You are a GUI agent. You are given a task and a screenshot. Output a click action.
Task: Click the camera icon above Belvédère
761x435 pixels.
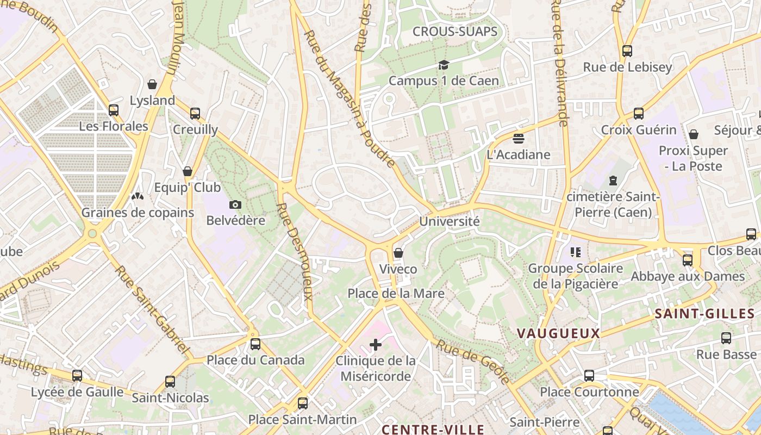point(235,204)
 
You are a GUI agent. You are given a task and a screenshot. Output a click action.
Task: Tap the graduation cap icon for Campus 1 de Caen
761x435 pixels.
point(444,65)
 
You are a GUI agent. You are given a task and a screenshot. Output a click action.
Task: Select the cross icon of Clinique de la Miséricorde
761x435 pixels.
point(375,345)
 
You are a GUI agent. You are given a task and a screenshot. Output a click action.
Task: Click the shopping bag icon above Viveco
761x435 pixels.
point(398,253)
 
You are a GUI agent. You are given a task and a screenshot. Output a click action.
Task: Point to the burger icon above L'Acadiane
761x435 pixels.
point(518,139)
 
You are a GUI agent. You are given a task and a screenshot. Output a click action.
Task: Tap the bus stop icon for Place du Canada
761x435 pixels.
point(255,344)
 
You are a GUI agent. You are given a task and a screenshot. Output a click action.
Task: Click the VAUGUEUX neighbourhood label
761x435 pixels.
point(558,333)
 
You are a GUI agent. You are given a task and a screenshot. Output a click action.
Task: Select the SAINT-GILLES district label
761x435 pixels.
point(704,314)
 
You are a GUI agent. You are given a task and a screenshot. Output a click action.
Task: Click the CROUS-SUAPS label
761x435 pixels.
point(455,32)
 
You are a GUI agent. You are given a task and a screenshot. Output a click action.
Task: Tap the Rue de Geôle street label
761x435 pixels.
point(473,362)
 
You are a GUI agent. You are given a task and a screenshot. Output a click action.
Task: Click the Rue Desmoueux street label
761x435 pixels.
point(295,251)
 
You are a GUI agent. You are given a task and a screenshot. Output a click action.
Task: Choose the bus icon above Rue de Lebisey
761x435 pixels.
point(627,51)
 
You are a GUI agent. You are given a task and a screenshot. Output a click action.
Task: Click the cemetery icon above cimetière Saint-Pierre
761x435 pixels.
point(613,180)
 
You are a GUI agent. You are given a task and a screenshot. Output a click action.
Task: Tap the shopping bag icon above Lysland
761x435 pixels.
point(152,84)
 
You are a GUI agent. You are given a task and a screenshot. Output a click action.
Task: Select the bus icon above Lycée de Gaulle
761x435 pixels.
point(77,375)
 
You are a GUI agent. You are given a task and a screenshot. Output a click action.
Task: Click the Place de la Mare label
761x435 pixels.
point(396,294)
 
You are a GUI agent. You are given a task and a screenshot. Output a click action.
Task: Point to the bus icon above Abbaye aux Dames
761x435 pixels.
point(688,260)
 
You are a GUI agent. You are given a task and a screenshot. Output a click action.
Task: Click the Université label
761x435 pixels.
point(449,222)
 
